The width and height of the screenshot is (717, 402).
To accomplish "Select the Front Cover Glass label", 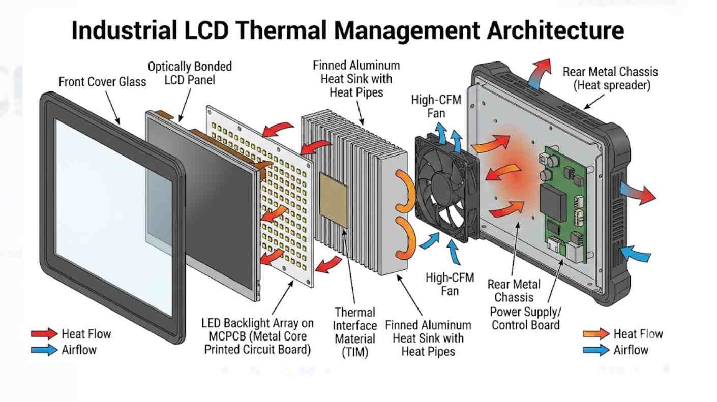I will (x=102, y=81).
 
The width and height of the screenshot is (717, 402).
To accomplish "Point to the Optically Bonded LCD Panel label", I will (x=189, y=73).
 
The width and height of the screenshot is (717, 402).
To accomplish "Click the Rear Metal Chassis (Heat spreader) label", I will (x=610, y=79).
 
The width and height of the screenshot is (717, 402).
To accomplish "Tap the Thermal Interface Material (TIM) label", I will (x=355, y=331).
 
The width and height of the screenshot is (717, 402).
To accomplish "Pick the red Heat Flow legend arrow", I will (x=44, y=334).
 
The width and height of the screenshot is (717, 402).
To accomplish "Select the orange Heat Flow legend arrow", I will (x=596, y=334).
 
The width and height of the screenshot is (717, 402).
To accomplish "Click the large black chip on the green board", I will (x=553, y=202).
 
